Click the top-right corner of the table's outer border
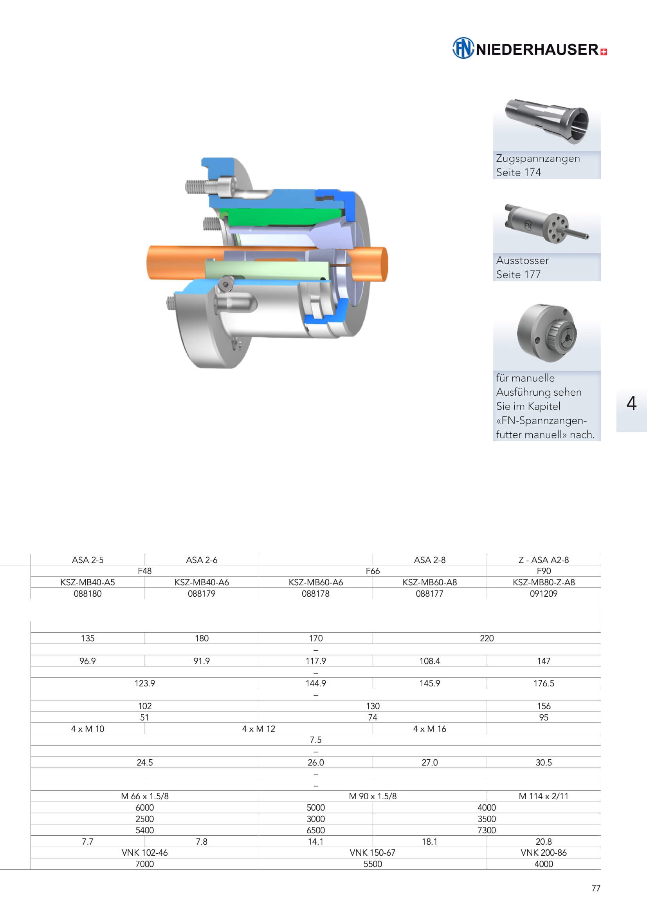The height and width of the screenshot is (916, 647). tap(601, 554)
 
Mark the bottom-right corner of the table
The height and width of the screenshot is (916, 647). tap(601, 869)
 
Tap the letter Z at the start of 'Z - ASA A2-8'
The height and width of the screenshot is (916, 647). tap(521, 560)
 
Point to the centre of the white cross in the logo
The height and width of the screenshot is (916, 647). tap(604, 52)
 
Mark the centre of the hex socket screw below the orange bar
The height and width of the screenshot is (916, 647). tap(226, 284)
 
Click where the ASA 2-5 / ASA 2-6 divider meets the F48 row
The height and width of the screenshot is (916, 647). tap(145, 565)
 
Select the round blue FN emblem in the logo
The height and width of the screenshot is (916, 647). tap(463, 48)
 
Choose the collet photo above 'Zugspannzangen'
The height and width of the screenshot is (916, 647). tap(546, 121)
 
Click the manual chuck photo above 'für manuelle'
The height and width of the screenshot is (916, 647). tap(546, 333)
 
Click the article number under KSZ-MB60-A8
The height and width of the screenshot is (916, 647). tap(429, 594)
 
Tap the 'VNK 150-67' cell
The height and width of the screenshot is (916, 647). tap(372, 853)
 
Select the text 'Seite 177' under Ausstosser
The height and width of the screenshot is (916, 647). tap(518, 275)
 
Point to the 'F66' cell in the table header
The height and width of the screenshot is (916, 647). tap(372, 571)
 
